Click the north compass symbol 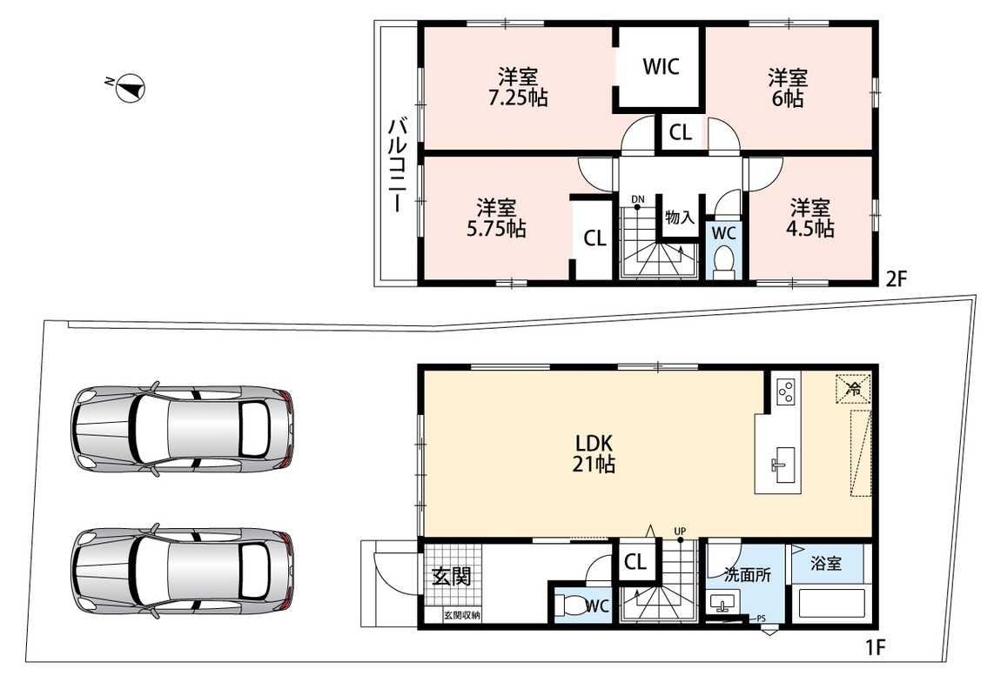pyautogui.click(x=130, y=88)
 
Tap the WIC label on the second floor pyautogui.click(x=661, y=66)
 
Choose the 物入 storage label pyautogui.click(x=680, y=217)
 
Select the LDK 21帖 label pyautogui.click(x=594, y=453)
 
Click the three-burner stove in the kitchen pyautogui.click(x=786, y=391)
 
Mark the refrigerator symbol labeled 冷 pyautogui.click(x=854, y=389)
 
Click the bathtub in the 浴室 pyautogui.click(x=831, y=604)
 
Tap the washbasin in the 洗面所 pyautogui.click(x=722, y=604)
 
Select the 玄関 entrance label pyautogui.click(x=452, y=576)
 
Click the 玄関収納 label pyautogui.click(x=461, y=615)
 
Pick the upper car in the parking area pyautogui.click(x=183, y=429)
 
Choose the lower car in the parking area pyautogui.click(x=183, y=570)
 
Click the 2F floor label pyautogui.click(x=897, y=279)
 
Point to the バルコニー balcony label pyautogui.click(x=398, y=164)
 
